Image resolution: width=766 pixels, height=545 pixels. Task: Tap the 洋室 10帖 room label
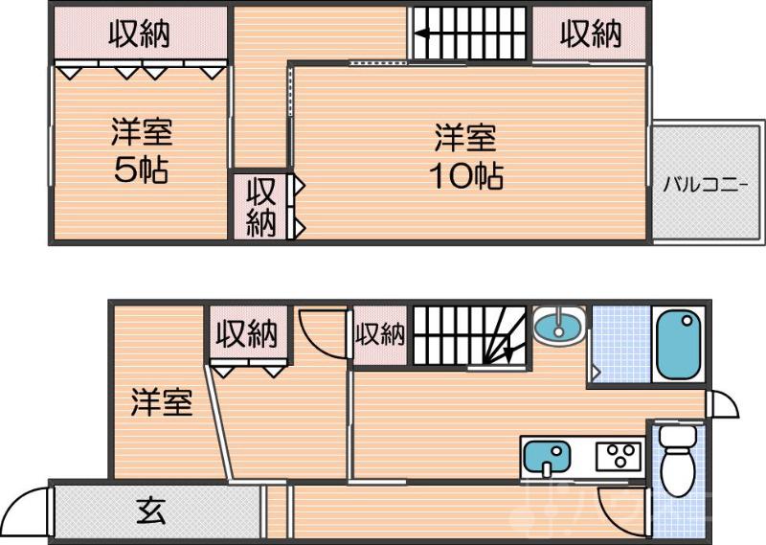click(467, 157)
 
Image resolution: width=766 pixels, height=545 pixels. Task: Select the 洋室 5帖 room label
click(141, 151)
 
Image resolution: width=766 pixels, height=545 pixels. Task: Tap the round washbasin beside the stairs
click(557, 327)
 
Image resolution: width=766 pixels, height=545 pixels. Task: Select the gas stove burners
click(619, 455)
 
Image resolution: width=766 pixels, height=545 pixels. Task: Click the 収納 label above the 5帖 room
click(139, 34)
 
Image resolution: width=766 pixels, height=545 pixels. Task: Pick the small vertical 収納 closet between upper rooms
click(261, 206)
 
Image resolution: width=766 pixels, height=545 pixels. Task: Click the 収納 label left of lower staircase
click(380, 334)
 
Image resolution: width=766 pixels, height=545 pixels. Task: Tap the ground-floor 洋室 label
click(162, 402)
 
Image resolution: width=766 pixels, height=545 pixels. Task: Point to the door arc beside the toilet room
click(616, 503)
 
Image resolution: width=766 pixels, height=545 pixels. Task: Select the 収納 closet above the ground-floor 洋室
click(246, 334)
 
